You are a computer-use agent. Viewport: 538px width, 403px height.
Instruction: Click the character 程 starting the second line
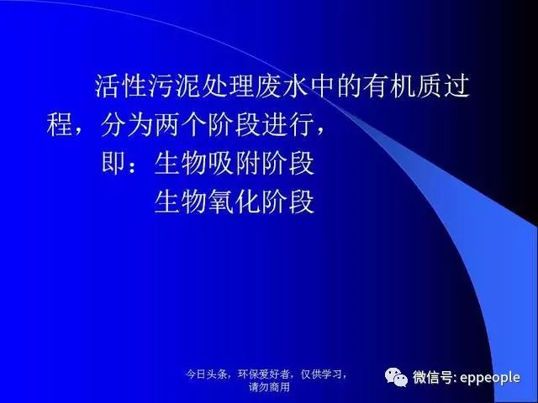point(59,124)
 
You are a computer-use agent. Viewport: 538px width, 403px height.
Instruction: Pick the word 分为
point(126,124)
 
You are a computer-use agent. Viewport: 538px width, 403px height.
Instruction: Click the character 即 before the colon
point(113,163)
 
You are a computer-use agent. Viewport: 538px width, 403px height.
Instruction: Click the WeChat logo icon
point(396,377)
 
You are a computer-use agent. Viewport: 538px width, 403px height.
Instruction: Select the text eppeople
point(490,378)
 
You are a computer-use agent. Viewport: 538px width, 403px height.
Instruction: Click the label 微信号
point(432,377)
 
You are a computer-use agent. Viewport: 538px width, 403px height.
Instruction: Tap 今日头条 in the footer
point(206,374)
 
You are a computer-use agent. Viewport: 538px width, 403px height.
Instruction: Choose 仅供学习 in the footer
point(321,374)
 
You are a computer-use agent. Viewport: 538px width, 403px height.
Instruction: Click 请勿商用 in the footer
point(269,387)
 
